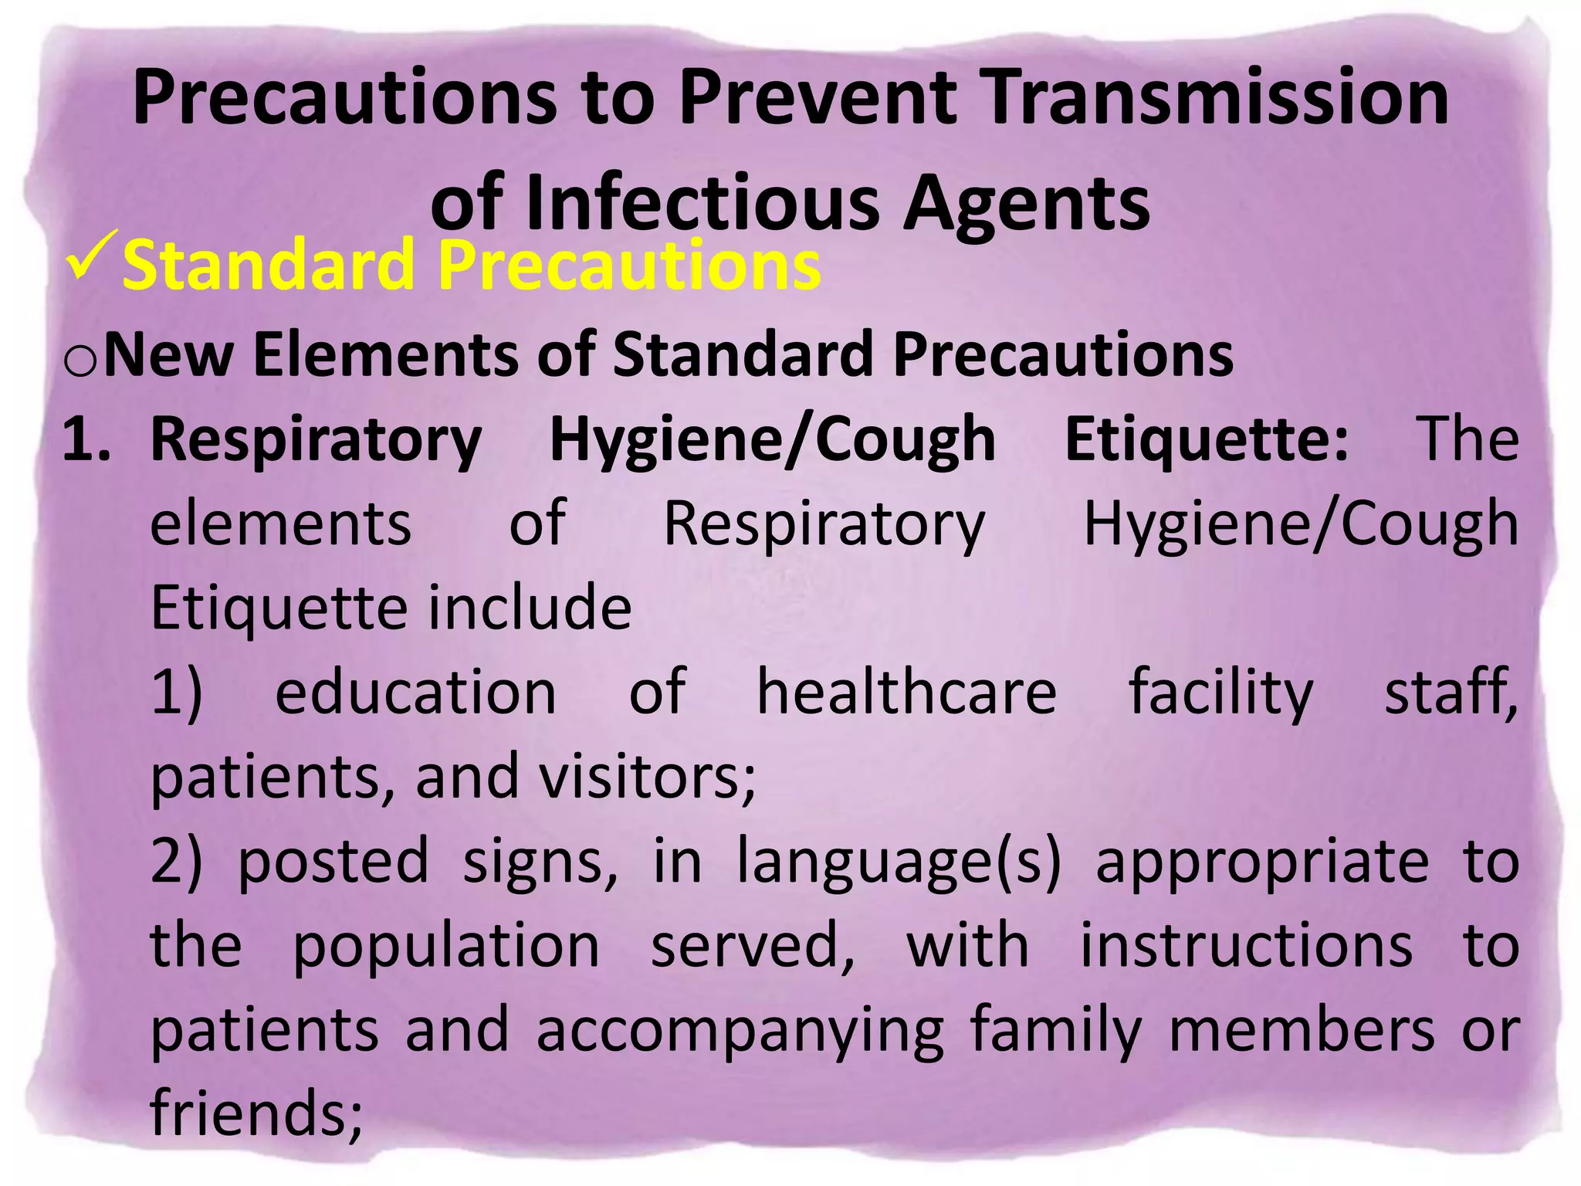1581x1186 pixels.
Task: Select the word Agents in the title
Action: click(x=1026, y=204)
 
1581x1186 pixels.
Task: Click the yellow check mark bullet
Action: click(x=91, y=255)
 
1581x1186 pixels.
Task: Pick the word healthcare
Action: click(x=906, y=691)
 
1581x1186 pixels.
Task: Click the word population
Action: click(x=446, y=947)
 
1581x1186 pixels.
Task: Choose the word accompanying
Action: click(x=740, y=1032)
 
